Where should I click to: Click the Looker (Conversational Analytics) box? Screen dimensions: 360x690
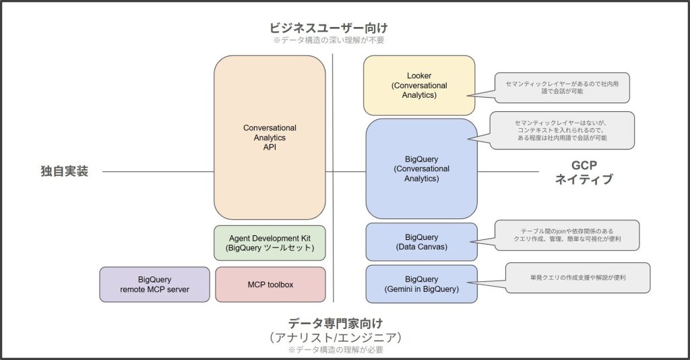click(418, 86)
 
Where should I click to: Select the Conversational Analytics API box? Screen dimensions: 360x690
click(270, 138)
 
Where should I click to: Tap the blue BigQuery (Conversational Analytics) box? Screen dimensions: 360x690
click(421, 169)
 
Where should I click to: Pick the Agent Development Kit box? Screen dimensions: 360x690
click(270, 243)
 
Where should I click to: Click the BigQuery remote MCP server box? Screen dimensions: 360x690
click(154, 284)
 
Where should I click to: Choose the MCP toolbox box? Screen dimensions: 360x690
click(270, 284)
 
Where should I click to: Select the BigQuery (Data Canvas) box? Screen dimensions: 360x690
click(421, 242)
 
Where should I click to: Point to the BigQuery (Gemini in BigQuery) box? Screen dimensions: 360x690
click(421, 284)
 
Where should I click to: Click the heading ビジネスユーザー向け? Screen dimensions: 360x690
click(329, 28)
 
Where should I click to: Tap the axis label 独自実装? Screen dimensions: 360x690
click(65, 171)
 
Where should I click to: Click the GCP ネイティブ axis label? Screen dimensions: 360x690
click(583, 172)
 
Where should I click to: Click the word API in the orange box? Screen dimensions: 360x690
click(270, 147)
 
